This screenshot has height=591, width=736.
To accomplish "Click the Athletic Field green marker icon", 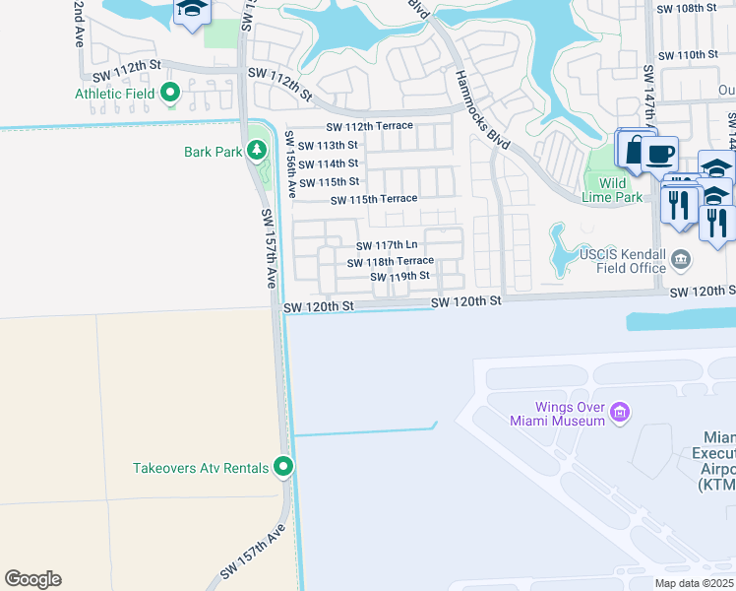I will pyautogui.click(x=170, y=94).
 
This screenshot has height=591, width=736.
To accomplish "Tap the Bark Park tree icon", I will pyautogui.click(x=257, y=151).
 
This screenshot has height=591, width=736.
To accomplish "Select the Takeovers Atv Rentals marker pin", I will pyautogui.click(x=283, y=467).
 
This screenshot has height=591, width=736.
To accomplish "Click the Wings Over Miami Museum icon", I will pyautogui.click(x=619, y=412).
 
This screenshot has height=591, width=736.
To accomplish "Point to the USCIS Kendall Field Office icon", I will pyautogui.click(x=681, y=261).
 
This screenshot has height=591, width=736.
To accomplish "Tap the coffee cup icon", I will pyautogui.click(x=660, y=153).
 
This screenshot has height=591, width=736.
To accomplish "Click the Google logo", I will pyautogui.click(x=32, y=579).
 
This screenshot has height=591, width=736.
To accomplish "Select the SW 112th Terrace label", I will pyautogui.click(x=369, y=127).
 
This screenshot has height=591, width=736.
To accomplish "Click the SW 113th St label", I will pyautogui.click(x=328, y=145).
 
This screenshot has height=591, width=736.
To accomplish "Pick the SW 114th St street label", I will pyautogui.click(x=328, y=164).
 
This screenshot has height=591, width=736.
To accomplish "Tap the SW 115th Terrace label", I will pyautogui.click(x=374, y=200).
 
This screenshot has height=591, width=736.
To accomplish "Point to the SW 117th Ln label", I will pyautogui.click(x=387, y=245).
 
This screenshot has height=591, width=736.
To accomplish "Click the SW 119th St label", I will pyautogui.click(x=400, y=277).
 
